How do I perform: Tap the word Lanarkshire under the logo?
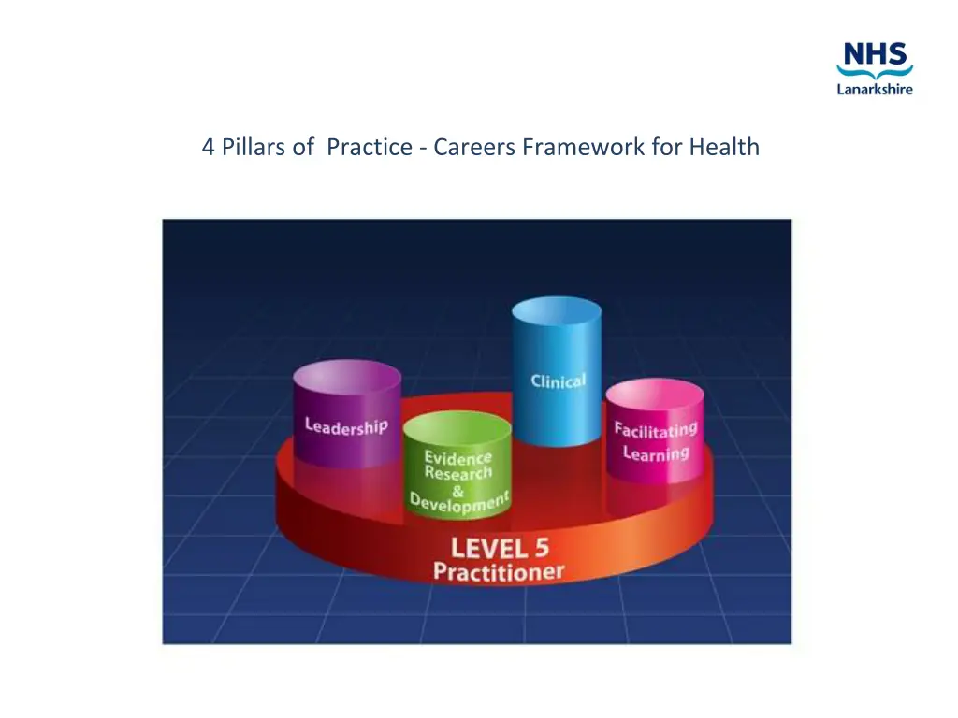pyautogui.click(x=874, y=90)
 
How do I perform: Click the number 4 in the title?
pyautogui.click(x=208, y=147)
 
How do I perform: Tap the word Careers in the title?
pyautogui.click(x=474, y=147)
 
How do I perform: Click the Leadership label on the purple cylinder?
pyautogui.click(x=346, y=426)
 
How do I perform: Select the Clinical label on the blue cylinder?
pyautogui.click(x=558, y=381)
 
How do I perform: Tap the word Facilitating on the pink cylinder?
pyautogui.click(x=656, y=432)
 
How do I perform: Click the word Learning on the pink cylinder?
pyautogui.click(x=656, y=453)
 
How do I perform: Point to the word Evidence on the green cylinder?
pyautogui.click(x=457, y=457)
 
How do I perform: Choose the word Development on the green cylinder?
pyautogui.click(x=459, y=502)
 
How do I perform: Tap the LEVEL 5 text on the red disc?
pyautogui.click(x=500, y=547)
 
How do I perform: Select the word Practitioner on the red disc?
pyautogui.click(x=499, y=570)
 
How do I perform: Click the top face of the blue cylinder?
pyautogui.click(x=557, y=311)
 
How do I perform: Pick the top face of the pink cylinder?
pyautogui.click(x=654, y=396)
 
